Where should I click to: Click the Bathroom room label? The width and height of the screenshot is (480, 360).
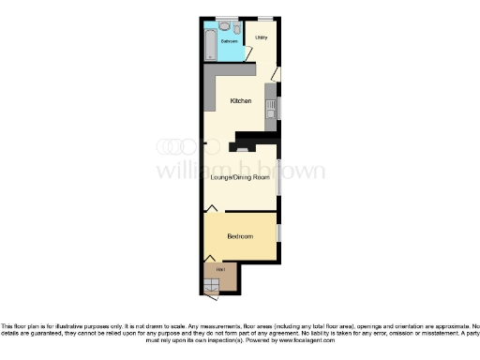coord(229,42)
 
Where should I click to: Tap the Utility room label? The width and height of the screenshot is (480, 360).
coord(262,37)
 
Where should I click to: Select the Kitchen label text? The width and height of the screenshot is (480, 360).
coord(240,100)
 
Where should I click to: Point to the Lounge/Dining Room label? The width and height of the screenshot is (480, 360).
coord(239,177)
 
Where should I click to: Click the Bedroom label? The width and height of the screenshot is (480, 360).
coord(240,236)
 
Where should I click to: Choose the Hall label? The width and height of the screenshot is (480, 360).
coord(220,270)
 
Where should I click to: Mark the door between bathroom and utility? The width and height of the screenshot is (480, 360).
coord(248,54)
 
